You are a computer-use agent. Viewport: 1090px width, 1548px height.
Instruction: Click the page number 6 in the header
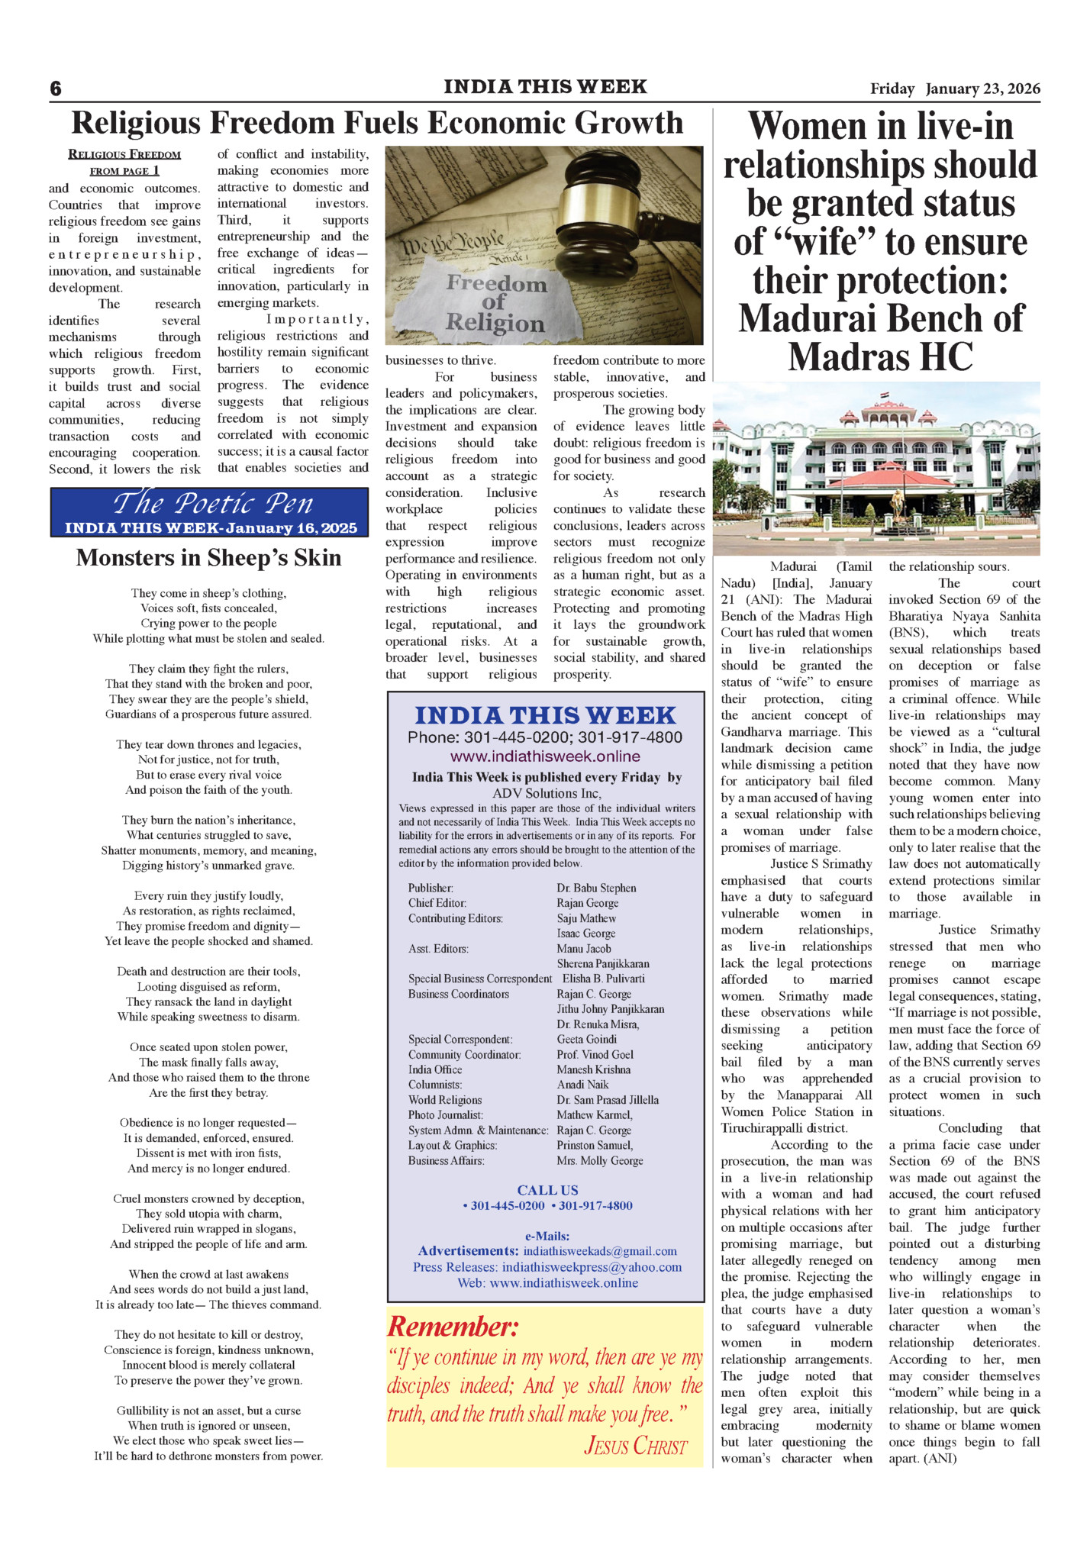(x=56, y=89)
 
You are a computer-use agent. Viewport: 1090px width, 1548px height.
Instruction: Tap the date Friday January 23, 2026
(x=955, y=89)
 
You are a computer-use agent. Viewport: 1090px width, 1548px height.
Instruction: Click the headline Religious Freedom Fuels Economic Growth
(x=377, y=123)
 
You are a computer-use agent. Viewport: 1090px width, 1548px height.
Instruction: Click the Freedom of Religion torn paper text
(x=495, y=303)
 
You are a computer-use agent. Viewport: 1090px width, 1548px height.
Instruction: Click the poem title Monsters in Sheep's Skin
(x=208, y=558)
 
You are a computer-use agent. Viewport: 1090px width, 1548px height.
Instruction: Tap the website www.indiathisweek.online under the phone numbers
(x=545, y=756)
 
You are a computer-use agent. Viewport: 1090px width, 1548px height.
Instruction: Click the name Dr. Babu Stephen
(x=596, y=888)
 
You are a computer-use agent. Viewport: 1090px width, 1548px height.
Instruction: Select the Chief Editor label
(x=437, y=903)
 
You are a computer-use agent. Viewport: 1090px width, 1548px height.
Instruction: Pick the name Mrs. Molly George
(x=600, y=1161)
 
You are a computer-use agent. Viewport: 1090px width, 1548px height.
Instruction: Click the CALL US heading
(x=547, y=1190)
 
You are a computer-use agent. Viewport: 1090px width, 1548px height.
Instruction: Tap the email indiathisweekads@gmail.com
(x=600, y=1251)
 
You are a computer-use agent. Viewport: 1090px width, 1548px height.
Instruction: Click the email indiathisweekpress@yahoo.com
(x=592, y=1267)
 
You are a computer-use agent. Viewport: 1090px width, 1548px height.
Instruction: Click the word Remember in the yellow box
(x=453, y=1327)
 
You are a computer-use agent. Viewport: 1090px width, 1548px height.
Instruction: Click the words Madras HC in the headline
(x=880, y=357)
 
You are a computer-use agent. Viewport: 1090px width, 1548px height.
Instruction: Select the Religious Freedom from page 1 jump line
(x=124, y=162)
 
